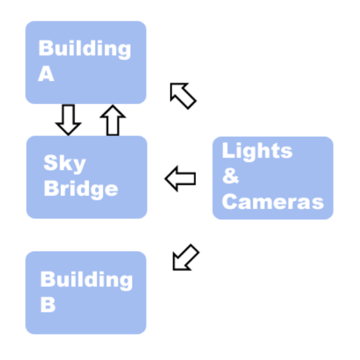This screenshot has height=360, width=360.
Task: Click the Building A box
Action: (86, 62)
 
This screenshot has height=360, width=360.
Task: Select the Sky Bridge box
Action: (86, 177)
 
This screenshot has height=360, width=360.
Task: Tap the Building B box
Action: (86, 293)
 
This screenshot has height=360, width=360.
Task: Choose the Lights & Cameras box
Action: (273, 177)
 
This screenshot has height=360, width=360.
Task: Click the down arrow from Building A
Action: (68, 119)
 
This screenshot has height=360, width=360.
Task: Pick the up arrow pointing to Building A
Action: (112, 120)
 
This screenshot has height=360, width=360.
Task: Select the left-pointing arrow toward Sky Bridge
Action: (181, 179)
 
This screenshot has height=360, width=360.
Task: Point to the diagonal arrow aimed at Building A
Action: (183, 95)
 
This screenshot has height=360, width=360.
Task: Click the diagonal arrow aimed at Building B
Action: (185, 258)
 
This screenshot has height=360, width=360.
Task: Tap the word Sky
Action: (64, 164)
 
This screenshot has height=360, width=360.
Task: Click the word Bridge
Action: (81, 188)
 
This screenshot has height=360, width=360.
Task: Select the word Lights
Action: (257, 151)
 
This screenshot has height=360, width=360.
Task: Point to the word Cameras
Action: (273, 201)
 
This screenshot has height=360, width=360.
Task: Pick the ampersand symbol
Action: (230, 176)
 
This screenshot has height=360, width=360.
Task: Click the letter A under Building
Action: (46, 74)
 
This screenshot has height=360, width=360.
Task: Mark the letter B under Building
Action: (48, 305)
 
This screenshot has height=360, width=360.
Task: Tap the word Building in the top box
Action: (84, 49)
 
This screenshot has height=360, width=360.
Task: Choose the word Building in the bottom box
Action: (86, 280)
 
